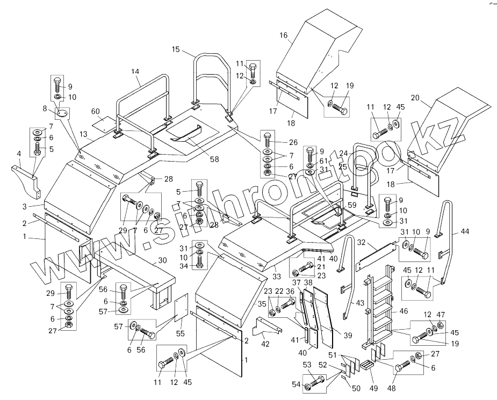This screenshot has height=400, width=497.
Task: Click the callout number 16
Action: click(x=283, y=35)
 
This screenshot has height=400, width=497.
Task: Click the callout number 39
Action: click(x=348, y=336)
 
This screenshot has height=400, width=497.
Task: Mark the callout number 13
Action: click(x=84, y=134)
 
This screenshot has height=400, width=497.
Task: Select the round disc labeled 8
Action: click(x=62, y=113)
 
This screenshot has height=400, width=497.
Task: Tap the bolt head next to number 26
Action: click(x=267, y=135)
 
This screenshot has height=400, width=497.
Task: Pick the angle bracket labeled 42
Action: click(x=267, y=327)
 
